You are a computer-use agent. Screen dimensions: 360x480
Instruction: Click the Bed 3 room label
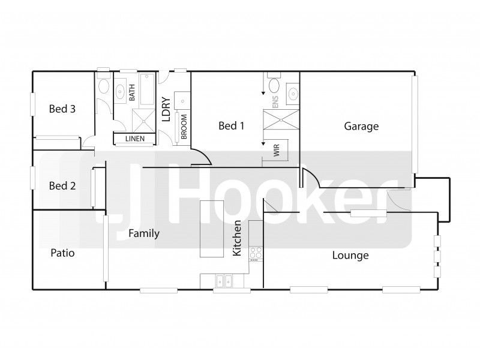click(x=62, y=109)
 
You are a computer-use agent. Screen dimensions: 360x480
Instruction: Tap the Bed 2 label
click(x=62, y=186)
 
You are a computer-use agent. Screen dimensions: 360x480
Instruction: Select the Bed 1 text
click(x=231, y=126)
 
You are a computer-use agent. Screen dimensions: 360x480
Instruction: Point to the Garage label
click(x=361, y=127)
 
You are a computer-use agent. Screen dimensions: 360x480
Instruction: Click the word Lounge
click(x=350, y=256)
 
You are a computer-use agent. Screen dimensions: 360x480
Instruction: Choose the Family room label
click(x=144, y=234)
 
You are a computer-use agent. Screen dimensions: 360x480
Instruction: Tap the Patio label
click(x=62, y=253)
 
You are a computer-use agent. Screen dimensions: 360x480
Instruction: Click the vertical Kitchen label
click(x=238, y=239)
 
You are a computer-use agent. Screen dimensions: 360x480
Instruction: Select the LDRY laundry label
click(x=166, y=110)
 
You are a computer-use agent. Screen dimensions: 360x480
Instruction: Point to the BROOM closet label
click(x=184, y=127)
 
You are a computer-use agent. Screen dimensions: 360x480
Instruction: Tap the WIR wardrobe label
click(x=277, y=151)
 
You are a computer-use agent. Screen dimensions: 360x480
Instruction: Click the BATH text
click(x=132, y=92)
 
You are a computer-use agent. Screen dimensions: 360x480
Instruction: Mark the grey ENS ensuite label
click(x=276, y=101)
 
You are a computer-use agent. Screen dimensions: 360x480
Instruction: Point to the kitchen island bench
click(x=212, y=229)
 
